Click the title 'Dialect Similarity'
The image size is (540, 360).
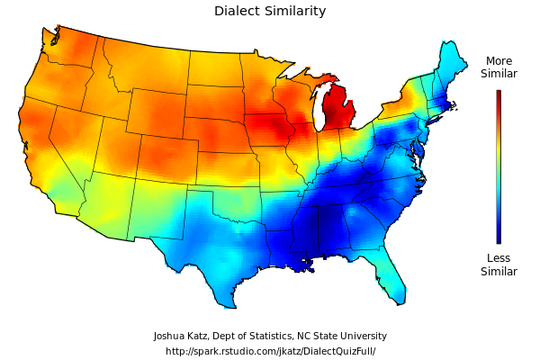pos(270,12)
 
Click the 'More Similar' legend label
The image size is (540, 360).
pos(499,67)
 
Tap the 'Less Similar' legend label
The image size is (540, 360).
pos(499,265)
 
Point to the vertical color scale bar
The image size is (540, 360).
pos(499,166)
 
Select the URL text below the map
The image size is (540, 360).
pos(270,351)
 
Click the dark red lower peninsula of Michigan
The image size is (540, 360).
pos(340,112)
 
